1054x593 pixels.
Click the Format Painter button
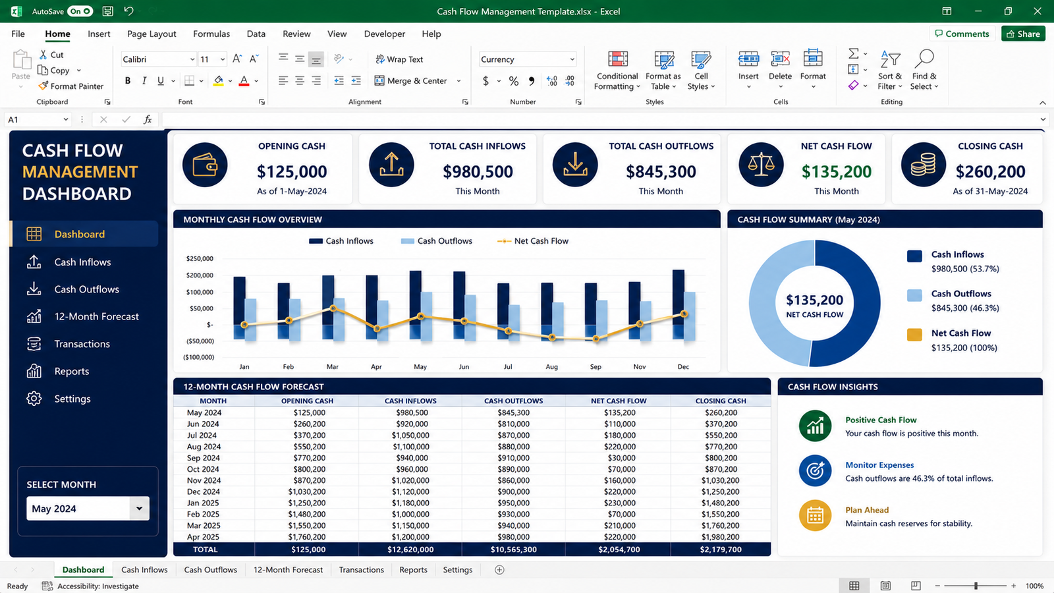(71, 86)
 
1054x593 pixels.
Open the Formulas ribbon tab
(211, 34)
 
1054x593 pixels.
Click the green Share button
(1023, 34)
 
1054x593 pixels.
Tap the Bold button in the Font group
(128, 80)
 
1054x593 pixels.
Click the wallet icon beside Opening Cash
(205, 165)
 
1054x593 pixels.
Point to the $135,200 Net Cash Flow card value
(836, 172)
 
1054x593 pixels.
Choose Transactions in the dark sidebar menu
(82, 344)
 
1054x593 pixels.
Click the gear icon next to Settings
(34, 399)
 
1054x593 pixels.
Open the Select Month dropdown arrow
(139, 508)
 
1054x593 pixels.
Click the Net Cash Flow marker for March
(333, 308)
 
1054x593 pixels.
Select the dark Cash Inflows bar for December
(679, 304)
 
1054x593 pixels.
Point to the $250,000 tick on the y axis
(200, 258)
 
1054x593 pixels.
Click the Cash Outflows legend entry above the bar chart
(436, 241)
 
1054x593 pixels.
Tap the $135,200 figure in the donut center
(814, 300)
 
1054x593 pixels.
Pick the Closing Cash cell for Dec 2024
(721, 492)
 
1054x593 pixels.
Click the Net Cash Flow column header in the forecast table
(619, 401)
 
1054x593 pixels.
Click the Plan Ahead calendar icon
(815, 516)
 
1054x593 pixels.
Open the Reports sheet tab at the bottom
(413, 569)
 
